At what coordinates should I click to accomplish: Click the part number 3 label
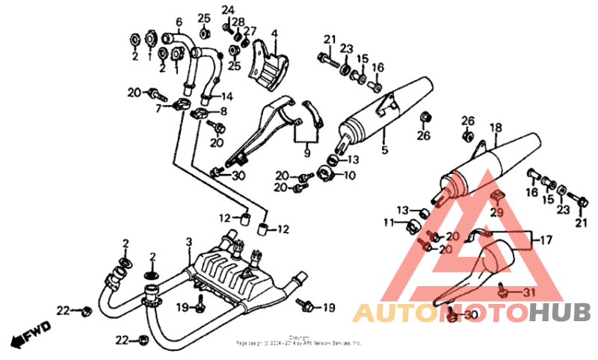(x=189, y=242)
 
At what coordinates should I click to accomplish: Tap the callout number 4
(x=274, y=34)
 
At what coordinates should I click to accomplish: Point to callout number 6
(x=179, y=21)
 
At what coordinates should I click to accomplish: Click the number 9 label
(x=306, y=153)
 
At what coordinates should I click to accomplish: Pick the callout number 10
(x=349, y=176)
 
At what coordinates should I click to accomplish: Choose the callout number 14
(x=227, y=96)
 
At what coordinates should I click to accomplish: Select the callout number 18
(x=493, y=127)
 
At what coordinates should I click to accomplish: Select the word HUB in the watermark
(x=560, y=313)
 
